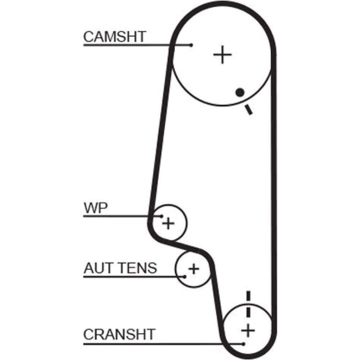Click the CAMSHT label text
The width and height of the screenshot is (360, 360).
pos(114,36)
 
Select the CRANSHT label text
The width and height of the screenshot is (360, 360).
pos(119,334)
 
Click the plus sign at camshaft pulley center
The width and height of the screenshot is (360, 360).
pos(222,55)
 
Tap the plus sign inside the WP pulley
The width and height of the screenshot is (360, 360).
pos(168,224)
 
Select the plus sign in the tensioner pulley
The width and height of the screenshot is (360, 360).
pos(194,269)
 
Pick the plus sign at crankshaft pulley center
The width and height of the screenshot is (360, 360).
pos(248,330)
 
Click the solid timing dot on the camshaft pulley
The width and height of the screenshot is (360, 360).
pos(240,92)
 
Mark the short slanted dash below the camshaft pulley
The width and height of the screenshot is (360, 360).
pos(248,109)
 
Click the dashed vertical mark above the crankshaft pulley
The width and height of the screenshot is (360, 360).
pos(248,304)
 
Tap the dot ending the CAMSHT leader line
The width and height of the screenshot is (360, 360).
pos(192,45)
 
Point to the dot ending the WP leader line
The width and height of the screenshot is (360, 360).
pos(162,216)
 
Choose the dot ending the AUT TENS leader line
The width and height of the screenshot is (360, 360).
pos(185,276)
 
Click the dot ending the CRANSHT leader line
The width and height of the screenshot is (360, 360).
pos(244,343)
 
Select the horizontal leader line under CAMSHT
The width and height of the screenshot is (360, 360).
pos(137,45)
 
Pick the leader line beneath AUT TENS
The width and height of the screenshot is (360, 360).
pos(133,276)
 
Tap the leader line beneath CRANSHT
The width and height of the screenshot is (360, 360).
pos(162,343)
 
